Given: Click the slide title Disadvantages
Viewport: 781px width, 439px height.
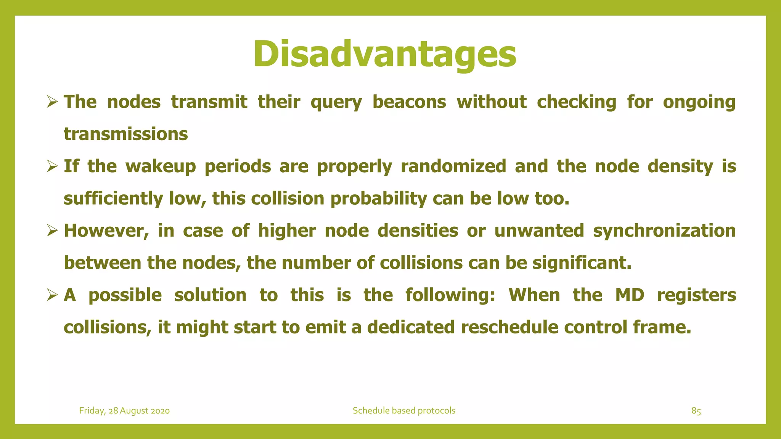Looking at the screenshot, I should (x=384, y=54).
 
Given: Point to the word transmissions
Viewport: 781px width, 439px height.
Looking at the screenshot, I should (x=126, y=134).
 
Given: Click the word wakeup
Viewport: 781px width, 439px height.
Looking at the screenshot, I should (x=161, y=167).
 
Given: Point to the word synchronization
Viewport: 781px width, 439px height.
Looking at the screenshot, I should (x=664, y=231).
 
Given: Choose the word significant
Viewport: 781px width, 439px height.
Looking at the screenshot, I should (x=582, y=263).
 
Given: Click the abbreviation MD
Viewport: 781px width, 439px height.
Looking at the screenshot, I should (x=630, y=295).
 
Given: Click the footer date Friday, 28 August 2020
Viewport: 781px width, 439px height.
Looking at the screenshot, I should (x=124, y=411).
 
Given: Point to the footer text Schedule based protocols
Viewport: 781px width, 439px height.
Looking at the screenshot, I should (x=404, y=411).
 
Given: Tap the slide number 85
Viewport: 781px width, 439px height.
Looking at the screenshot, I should (x=696, y=411).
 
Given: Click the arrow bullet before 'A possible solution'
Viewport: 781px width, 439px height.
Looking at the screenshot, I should (x=51, y=295).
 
